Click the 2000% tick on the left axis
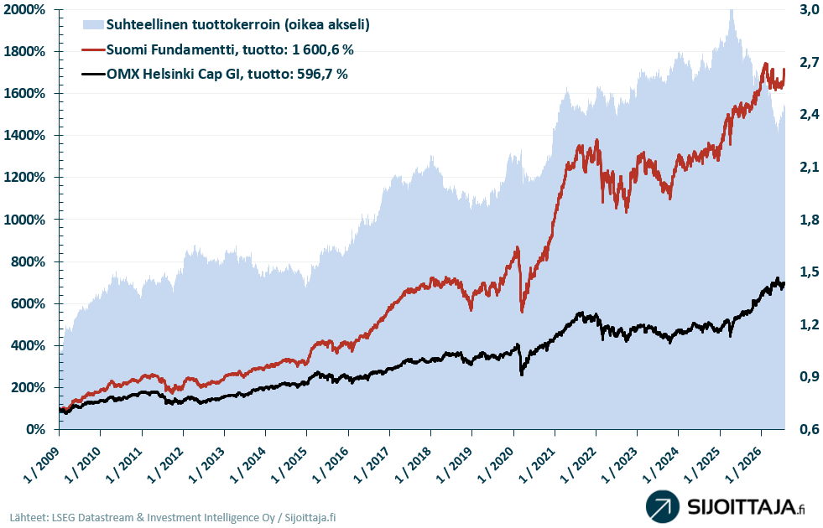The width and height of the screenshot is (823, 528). [x=24, y=9]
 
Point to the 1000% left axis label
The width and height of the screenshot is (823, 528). [x=24, y=220]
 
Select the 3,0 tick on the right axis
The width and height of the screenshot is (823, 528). [x=809, y=9]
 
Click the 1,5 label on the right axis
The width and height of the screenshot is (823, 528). [x=809, y=272]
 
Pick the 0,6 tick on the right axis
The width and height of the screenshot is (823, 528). [x=809, y=429]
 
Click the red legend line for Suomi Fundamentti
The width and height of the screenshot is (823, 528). [x=93, y=49]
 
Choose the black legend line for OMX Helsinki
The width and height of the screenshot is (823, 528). [x=93, y=74]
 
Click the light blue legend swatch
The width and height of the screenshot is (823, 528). [x=93, y=24]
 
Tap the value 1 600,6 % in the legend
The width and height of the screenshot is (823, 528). [x=323, y=49]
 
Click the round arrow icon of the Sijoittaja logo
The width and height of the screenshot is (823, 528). [x=663, y=506]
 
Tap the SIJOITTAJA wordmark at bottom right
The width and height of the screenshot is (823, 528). [x=742, y=508]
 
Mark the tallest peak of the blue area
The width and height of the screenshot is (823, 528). [x=732, y=11]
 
